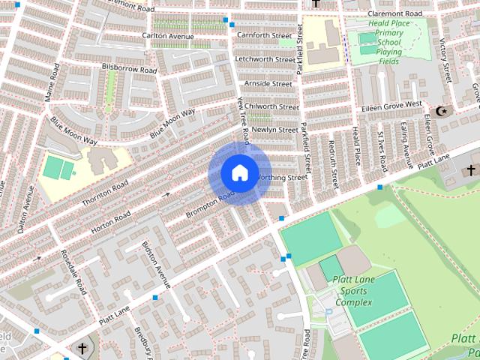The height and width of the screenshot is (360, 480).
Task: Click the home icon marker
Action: click(238, 173)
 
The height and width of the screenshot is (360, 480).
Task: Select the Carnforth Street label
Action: click(263, 35)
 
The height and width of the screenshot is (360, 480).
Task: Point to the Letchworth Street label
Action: click(265, 59)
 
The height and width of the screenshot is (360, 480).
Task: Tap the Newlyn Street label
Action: click(274, 130)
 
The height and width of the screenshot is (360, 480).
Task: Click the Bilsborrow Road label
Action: click(129, 68)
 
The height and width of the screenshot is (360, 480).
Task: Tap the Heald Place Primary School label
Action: click(389, 33)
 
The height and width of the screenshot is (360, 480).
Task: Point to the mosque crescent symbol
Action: click(442, 111)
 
